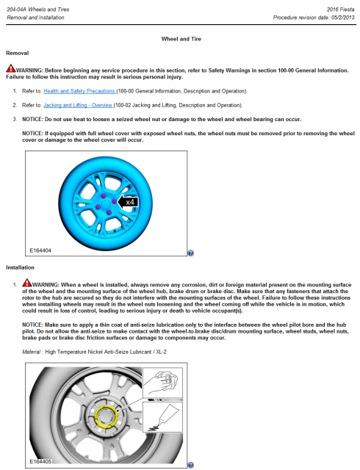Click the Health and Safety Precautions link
pos(79,91)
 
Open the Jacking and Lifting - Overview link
pos(78,105)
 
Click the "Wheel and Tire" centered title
pos(181,39)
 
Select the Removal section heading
pos(18,53)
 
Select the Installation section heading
pos(20,267)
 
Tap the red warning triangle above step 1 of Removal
pos(11,68)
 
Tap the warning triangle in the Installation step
pos(27,283)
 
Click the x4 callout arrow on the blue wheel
pos(128,202)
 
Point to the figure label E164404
pos(40,250)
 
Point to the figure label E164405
pos(40,462)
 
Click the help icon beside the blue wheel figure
pos(190,253)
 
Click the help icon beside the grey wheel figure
pos(190,465)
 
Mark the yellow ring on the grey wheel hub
pos(96,416)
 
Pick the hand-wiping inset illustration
pos(162,383)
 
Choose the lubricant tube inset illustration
pos(162,417)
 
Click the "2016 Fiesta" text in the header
pos(340,10)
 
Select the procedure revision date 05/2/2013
pos(343,18)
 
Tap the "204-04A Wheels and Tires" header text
pos(38,10)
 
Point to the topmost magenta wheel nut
pos(103,196)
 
